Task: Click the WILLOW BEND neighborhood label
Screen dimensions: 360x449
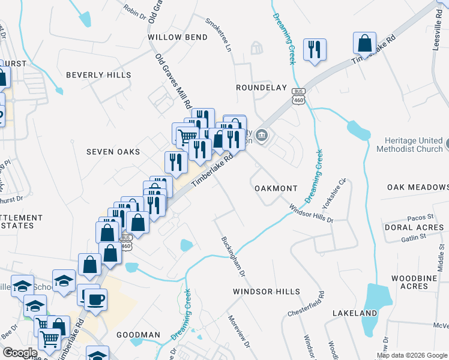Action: (178, 37)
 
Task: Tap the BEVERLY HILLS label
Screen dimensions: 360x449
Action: (98, 75)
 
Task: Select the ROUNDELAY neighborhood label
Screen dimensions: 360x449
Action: (261, 87)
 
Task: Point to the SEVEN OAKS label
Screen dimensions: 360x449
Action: (113, 152)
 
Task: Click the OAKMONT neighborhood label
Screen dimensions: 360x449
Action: (276, 188)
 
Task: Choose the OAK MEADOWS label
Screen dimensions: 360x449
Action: (418, 187)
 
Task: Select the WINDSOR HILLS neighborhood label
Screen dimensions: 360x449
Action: (266, 292)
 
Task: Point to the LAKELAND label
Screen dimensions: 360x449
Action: (355, 313)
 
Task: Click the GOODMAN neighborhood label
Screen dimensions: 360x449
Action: (138, 335)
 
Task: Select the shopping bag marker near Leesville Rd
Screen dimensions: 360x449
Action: (365, 44)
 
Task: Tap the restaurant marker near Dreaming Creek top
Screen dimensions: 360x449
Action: (314, 50)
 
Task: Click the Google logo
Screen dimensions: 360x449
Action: (20, 353)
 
